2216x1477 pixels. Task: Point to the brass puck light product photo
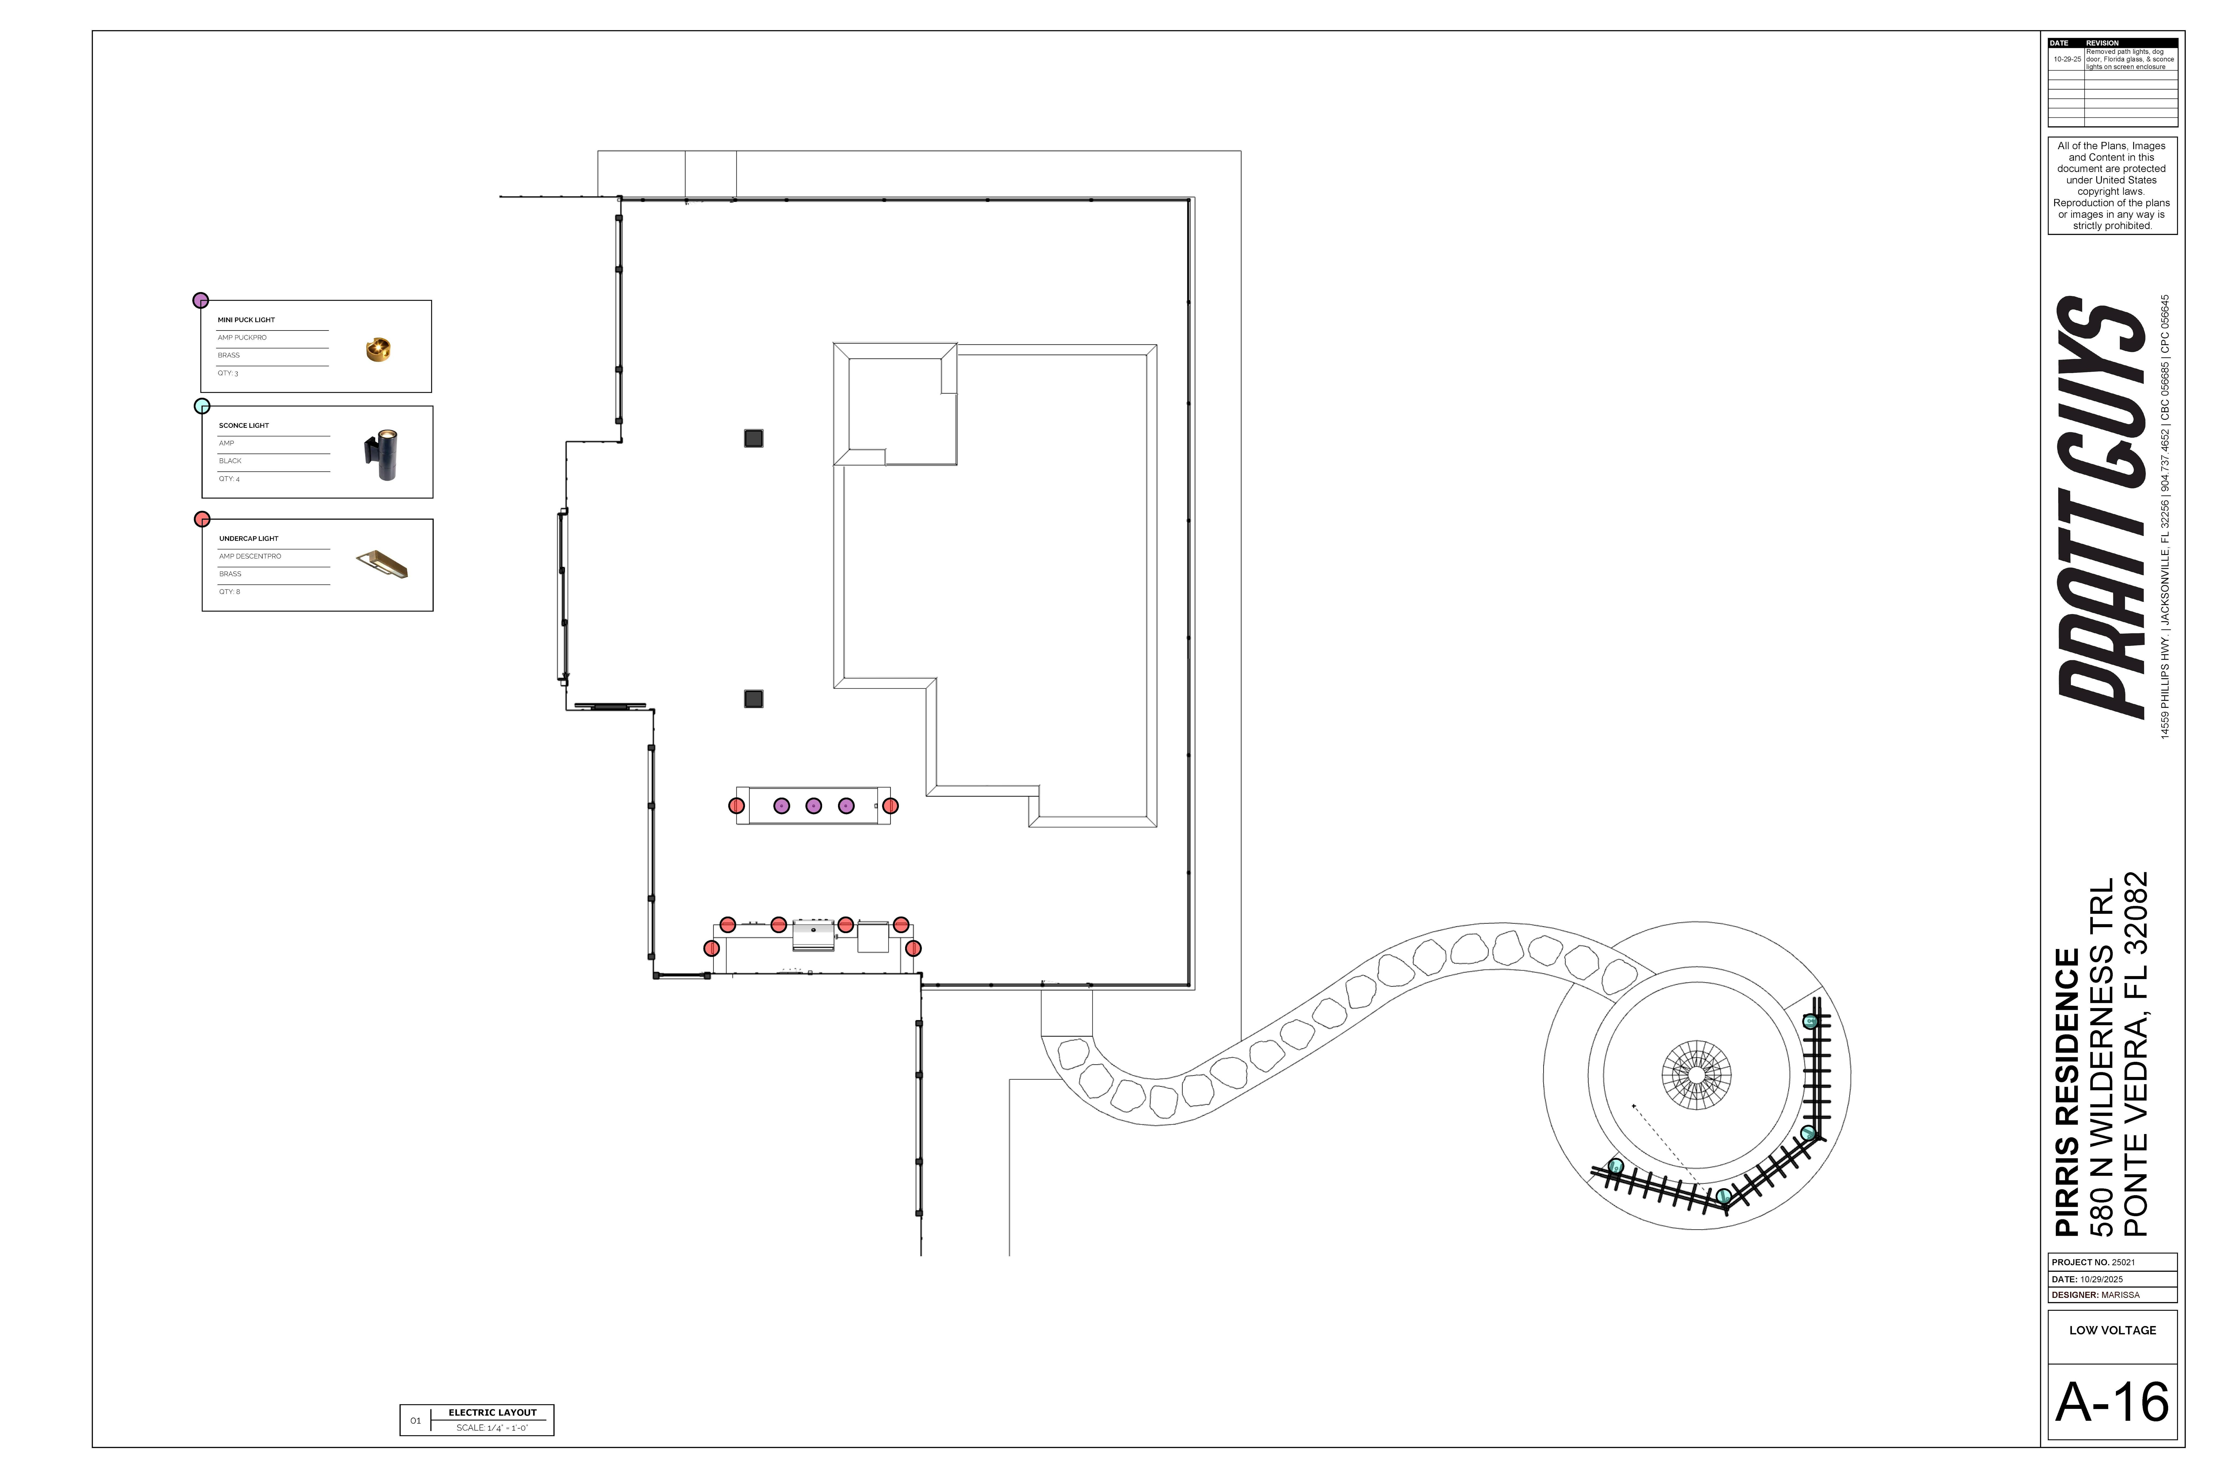point(378,349)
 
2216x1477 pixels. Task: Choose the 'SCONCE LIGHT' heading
point(244,426)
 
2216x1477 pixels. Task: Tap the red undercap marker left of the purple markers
point(737,805)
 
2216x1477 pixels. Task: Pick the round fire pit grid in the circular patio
point(1696,1075)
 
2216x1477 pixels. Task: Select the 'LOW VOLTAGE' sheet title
point(2112,1330)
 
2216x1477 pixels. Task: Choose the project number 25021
point(2124,1262)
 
